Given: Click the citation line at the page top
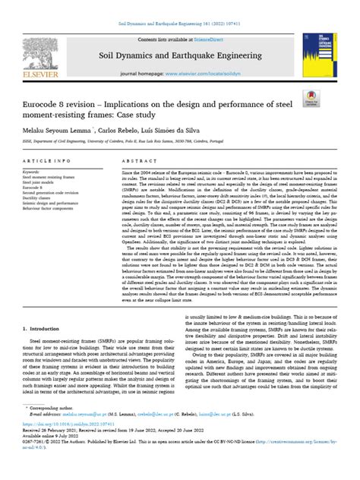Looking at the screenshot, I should [179, 5].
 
